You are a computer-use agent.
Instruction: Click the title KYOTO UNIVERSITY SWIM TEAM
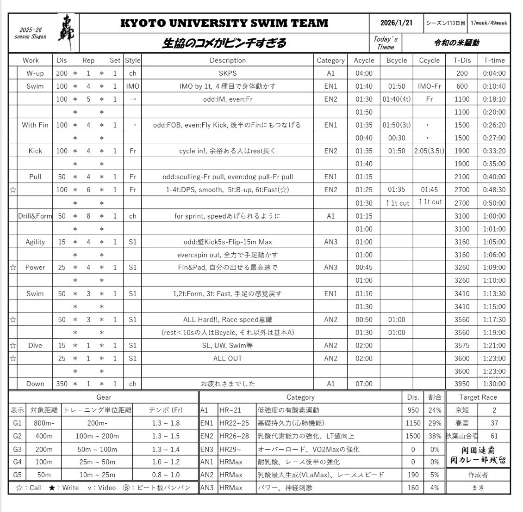224,23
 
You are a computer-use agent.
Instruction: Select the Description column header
227,60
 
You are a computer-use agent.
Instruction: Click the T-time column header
494,60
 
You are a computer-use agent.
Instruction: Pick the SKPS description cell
227,73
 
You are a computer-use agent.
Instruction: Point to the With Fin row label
35,125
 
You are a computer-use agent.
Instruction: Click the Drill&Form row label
35,216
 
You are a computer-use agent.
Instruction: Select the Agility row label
35,242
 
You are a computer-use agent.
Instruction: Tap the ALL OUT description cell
227,358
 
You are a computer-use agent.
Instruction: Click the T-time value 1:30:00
494,384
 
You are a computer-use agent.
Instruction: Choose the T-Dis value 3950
462,384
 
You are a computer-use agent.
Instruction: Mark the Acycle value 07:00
363,384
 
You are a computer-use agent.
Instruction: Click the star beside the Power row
13,267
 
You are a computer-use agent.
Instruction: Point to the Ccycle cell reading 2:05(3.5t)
429,151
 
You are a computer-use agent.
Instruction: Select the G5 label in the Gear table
17,475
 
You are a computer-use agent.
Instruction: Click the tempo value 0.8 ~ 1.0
166,475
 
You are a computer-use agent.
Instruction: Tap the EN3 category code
206,449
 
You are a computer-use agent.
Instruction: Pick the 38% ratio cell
434,436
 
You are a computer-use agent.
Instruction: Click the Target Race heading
478,397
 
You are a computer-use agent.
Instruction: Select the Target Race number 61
494,436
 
